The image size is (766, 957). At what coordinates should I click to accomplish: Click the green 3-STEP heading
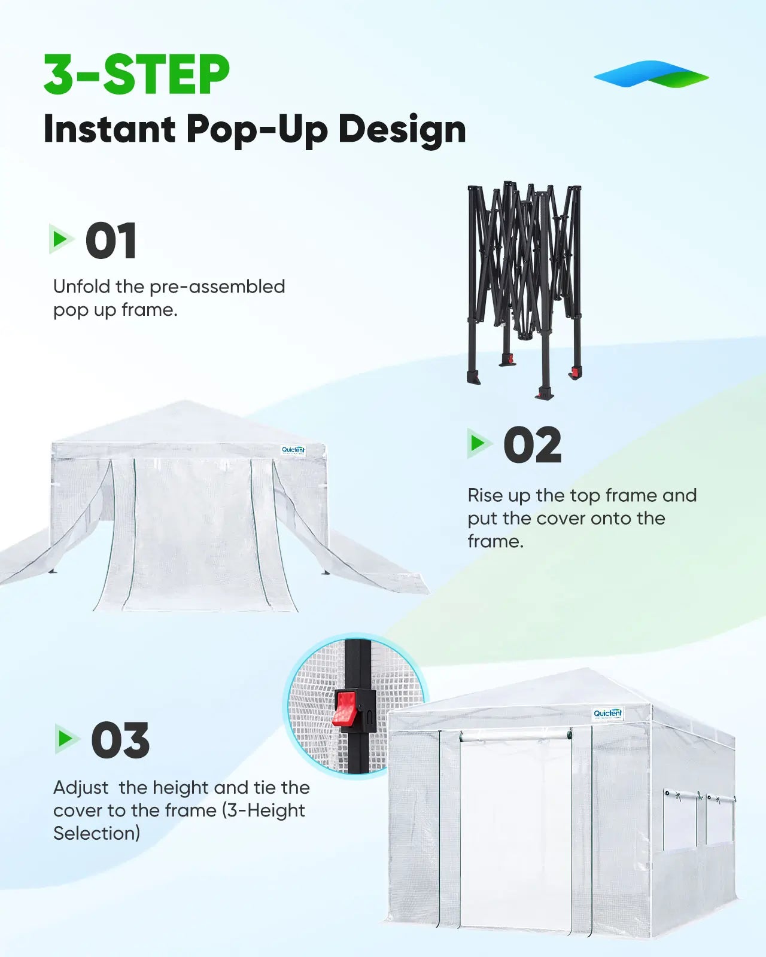(136, 75)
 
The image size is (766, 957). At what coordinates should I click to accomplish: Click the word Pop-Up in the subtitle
(257, 129)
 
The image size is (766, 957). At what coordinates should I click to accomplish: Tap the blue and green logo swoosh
(651, 74)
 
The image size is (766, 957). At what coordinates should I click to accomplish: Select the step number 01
(111, 241)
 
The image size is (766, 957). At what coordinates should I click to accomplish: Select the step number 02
(532, 445)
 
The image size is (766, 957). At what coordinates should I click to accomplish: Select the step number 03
(120, 740)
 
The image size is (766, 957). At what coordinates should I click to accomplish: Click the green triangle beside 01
(60, 239)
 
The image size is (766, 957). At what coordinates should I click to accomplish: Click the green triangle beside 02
(478, 443)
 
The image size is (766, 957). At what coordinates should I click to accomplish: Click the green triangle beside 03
(65, 739)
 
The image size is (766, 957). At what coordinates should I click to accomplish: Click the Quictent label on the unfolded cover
(293, 450)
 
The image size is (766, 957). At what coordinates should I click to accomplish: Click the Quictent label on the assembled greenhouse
(608, 713)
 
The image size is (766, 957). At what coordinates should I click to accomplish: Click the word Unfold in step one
(82, 287)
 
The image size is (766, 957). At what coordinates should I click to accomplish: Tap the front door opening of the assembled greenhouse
(516, 831)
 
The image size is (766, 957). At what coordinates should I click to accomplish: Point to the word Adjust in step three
(81, 788)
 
